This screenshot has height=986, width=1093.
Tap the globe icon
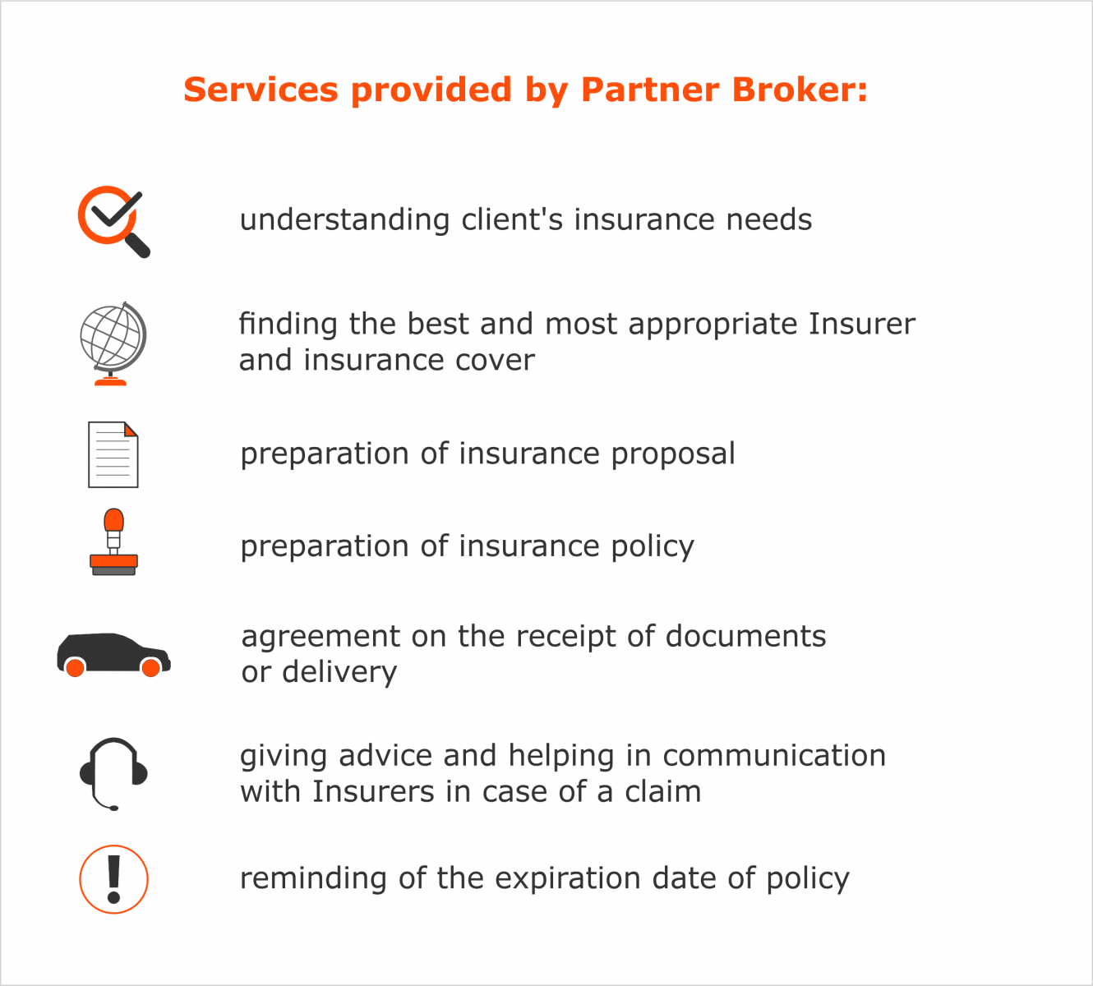[113, 343]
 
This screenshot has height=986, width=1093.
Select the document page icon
[113, 455]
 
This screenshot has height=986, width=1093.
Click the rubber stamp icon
[113, 542]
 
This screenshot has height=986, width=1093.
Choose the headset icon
[113, 773]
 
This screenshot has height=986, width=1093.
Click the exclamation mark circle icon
[113, 879]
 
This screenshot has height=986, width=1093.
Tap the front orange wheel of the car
[151, 667]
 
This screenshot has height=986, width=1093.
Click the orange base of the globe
[111, 381]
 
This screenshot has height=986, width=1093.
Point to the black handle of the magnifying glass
[137, 245]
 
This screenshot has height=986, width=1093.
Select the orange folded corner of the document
[131, 430]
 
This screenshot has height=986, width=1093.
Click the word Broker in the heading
[800, 89]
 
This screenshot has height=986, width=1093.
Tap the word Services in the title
[261, 90]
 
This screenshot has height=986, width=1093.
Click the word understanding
[345, 219]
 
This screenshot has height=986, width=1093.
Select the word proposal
[673, 454]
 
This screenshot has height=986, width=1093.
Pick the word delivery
[339, 671]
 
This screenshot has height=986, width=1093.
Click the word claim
[662, 791]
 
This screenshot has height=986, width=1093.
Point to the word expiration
[568, 878]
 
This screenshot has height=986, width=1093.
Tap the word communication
[774, 756]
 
